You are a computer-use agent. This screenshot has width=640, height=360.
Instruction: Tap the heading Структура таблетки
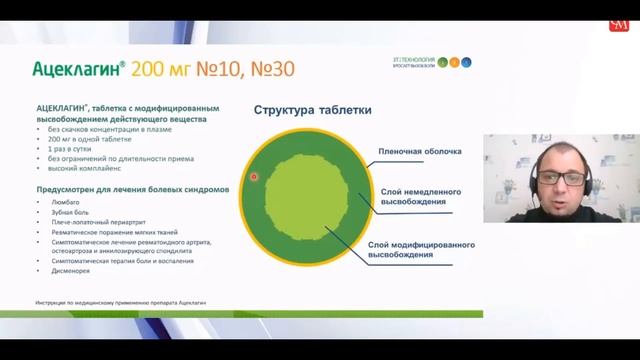tap(313, 111)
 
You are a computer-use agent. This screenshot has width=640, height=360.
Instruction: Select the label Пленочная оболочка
tap(419, 152)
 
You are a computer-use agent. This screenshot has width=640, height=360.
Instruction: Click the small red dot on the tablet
tap(254, 177)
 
